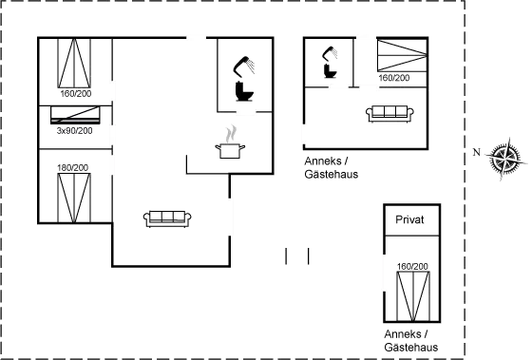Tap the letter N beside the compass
click(476, 151)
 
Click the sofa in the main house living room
click(167, 218)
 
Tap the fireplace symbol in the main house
click(231, 139)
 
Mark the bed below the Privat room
click(410, 291)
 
